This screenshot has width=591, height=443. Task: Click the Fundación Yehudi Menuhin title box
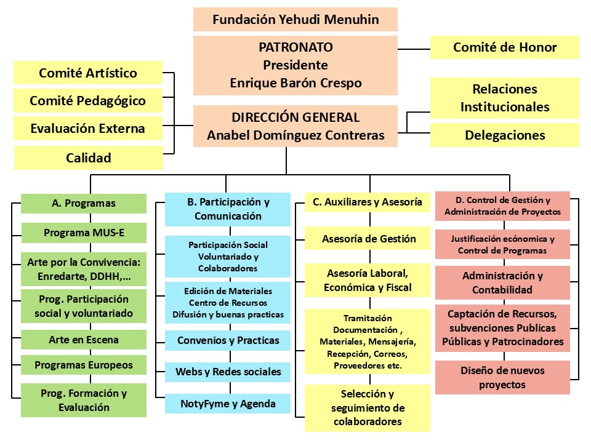click(x=295, y=19)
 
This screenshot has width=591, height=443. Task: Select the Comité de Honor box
click(x=505, y=47)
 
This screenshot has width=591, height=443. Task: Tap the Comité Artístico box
click(x=88, y=73)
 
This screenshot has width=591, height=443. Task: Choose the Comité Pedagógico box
click(x=88, y=101)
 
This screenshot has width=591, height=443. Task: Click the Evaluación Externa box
click(x=88, y=129)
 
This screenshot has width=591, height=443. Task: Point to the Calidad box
click(x=88, y=158)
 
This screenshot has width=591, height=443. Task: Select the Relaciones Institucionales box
click(x=505, y=98)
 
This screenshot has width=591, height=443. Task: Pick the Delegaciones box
click(x=505, y=135)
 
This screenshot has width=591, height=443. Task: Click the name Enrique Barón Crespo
click(x=295, y=82)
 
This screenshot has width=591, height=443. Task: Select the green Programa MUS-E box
click(x=84, y=233)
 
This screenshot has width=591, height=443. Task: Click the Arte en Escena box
click(x=84, y=340)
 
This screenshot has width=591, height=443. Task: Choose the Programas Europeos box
click(x=84, y=365)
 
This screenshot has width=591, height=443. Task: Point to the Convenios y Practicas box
click(x=228, y=340)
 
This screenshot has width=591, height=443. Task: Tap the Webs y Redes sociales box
click(x=228, y=372)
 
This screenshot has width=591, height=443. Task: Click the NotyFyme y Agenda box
click(x=228, y=404)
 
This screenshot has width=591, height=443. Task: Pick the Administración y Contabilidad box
click(x=502, y=282)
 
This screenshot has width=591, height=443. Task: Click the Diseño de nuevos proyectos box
click(x=502, y=377)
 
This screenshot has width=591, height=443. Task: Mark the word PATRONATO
click(x=295, y=47)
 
